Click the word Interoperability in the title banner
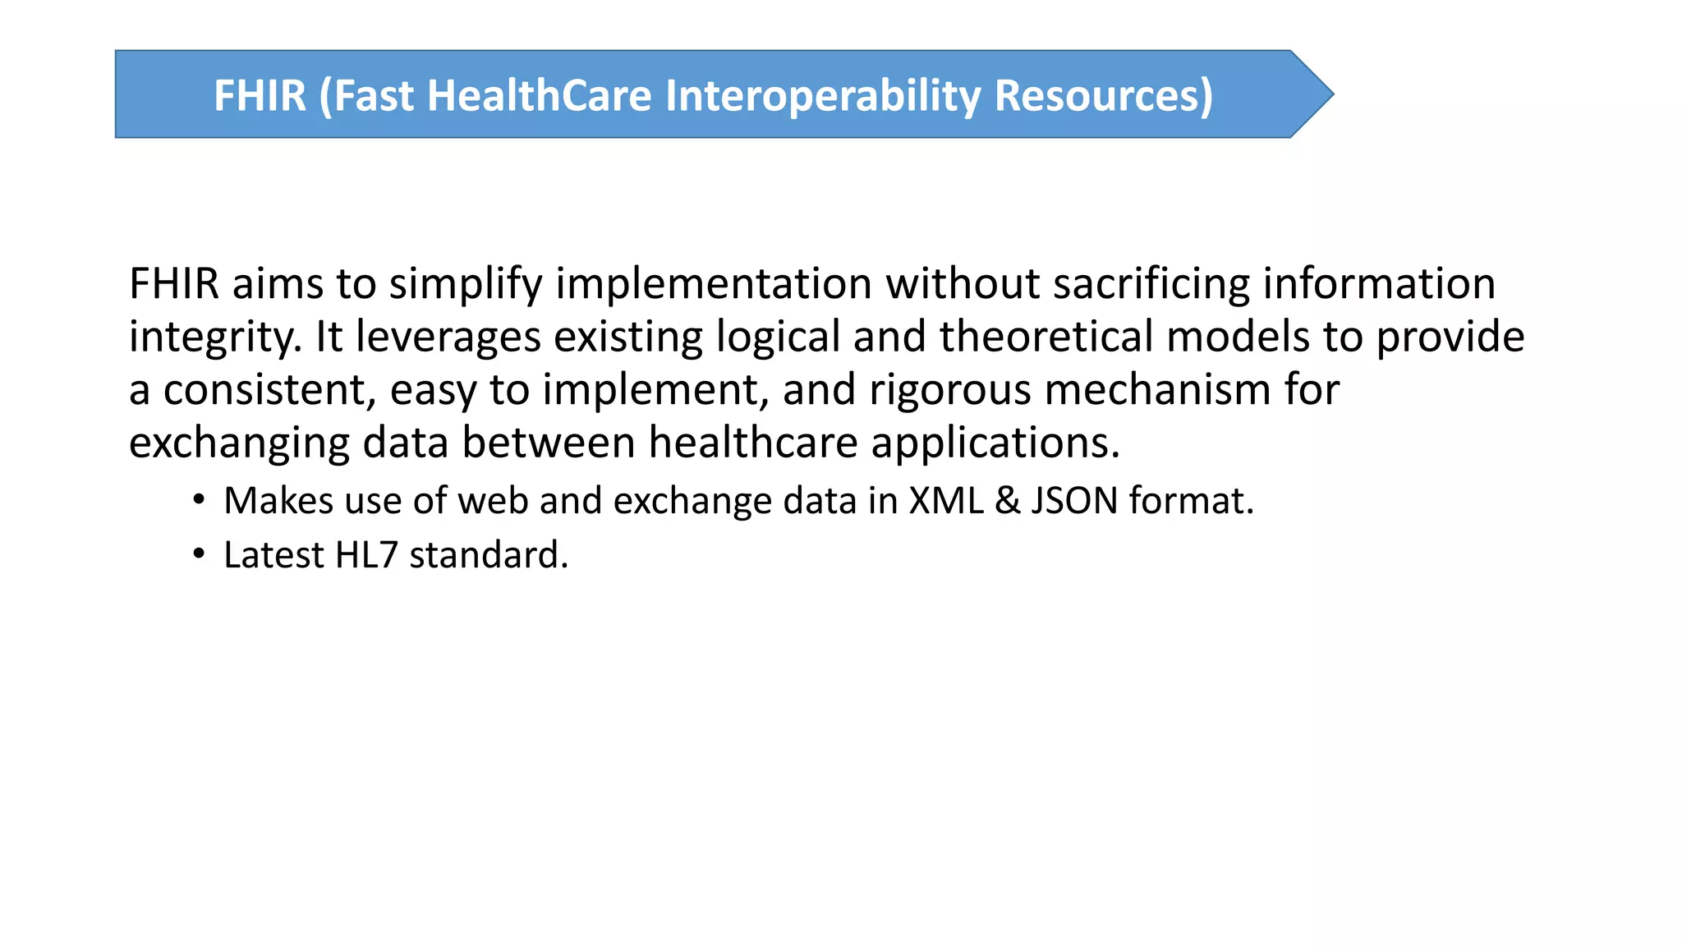[822, 95]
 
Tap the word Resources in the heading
[1103, 95]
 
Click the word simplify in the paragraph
[466, 284]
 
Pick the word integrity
[215, 338]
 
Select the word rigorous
[949, 390]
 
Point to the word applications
[995, 444]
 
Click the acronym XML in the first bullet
[946, 501]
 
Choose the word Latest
[273, 555]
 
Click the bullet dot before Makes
[198, 500]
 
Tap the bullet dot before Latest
[198, 554]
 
